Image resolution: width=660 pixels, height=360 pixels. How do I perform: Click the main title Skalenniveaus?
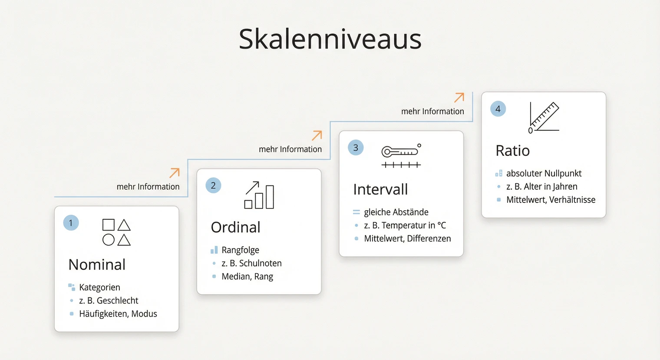click(330, 39)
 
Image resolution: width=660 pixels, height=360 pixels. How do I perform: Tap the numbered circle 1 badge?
click(71, 223)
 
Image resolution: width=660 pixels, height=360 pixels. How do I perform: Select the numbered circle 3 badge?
click(356, 148)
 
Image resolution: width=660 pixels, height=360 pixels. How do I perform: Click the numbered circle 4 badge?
click(498, 109)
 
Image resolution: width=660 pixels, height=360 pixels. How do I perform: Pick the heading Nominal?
click(97, 264)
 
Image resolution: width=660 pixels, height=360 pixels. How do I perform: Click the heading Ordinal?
click(235, 227)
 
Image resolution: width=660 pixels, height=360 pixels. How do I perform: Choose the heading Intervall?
click(380, 189)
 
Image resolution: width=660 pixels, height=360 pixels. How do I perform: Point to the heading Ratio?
click(512, 151)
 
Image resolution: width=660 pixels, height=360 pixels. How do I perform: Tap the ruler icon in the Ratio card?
click(544, 116)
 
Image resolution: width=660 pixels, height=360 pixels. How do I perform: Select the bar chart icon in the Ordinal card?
click(260, 195)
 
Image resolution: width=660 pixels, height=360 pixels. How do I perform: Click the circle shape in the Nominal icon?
click(109, 240)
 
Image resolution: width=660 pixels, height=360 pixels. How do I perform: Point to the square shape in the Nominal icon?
click(109, 225)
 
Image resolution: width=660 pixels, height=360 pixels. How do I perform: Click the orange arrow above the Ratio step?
click(459, 97)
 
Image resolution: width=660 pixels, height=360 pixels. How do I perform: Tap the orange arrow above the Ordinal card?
click(175, 173)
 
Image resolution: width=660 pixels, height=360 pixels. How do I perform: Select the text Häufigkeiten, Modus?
click(118, 314)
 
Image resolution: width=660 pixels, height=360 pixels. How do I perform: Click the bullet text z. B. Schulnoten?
click(251, 263)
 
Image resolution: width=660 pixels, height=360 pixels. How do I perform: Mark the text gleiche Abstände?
click(396, 212)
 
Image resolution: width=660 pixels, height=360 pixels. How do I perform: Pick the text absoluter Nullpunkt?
click(544, 173)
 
